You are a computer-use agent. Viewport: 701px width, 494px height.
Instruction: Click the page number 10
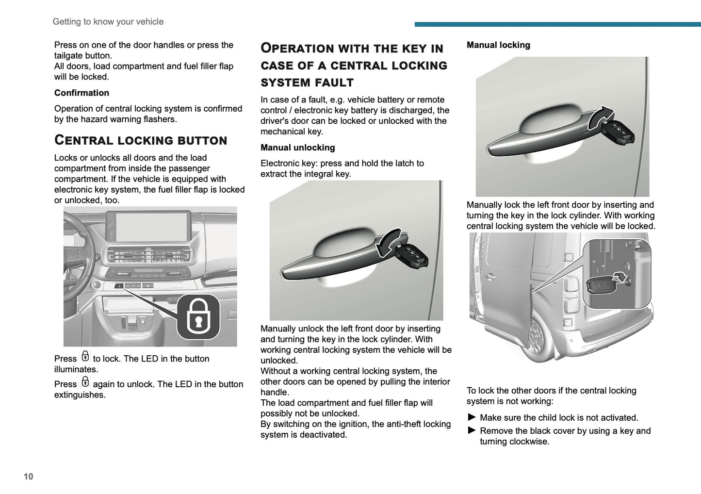(29, 476)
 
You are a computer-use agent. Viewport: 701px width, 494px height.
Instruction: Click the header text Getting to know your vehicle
(108, 21)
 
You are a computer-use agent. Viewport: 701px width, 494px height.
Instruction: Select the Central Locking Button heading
(141, 140)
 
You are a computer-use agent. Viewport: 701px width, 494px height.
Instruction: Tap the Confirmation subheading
(82, 93)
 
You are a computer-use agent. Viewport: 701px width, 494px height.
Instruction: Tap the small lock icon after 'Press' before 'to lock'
(85, 357)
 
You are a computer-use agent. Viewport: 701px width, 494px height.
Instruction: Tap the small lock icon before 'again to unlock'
(85, 382)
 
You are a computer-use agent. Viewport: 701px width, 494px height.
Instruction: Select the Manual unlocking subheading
(297, 148)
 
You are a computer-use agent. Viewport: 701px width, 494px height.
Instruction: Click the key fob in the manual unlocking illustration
(412, 254)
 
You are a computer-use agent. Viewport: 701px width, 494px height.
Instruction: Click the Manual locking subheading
(498, 45)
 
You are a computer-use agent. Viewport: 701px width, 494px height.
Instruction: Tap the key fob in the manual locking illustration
(618, 131)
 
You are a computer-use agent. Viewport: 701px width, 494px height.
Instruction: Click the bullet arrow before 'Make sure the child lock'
(472, 417)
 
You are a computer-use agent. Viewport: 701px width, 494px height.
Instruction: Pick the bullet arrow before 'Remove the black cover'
(472, 430)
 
